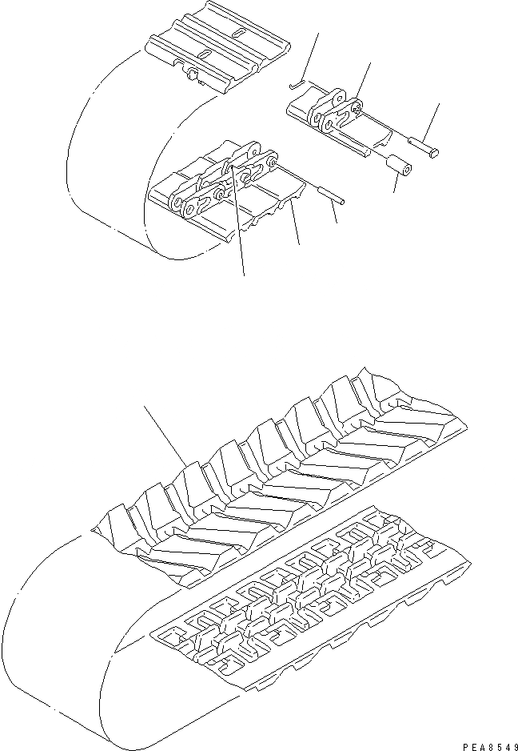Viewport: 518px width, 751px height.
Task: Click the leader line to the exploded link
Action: click(365, 80)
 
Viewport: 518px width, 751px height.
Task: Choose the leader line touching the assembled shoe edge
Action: click(296, 224)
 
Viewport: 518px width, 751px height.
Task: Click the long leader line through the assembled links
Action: click(240, 240)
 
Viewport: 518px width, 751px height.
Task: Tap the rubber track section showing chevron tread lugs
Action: click(280, 472)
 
